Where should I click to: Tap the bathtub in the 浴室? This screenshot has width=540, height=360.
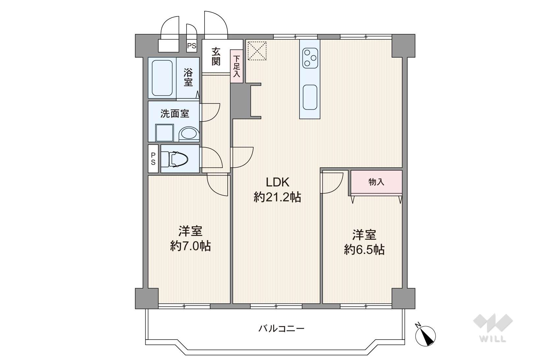pyautogui.click(x=162, y=78)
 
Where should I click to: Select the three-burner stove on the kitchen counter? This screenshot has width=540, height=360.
pyautogui.click(x=310, y=58)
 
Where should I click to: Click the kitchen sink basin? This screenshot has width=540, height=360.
pyautogui.click(x=310, y=97)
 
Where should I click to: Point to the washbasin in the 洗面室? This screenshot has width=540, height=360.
pyautogui.click(x=189, y=134)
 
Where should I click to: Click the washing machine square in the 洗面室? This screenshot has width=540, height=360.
pyautogui.click(x=165, y=133)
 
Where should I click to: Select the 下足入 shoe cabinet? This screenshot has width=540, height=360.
pyautogui.click(x=237, y=66)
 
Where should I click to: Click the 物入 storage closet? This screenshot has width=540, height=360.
pyautogui.click(x=376, y=182)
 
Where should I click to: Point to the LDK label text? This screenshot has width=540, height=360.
pyautogui.click(x=277, y=182)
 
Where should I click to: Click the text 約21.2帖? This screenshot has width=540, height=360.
pyautogui.click(x=277, y=197)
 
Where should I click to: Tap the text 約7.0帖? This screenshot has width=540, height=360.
pyautogui.click(x=190, y=246)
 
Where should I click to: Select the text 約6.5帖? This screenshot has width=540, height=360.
pyautogui.click(x=364, y=250)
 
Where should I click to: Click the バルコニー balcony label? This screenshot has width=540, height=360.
pyautogui.click(x=281, y=328)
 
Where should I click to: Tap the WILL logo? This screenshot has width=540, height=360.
pyautogui.click(x=493, y=328)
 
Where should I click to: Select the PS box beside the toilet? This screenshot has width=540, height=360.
pyautogui.click(x=153, y=158)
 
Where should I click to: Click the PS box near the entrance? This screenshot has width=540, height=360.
pyautogui.click(x=192, y=46)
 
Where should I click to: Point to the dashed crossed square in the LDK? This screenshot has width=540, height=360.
pyautogui.click(x=257, y=51)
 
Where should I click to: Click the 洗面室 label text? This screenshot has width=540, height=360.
pyautogui.click(x=175, y=114)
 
